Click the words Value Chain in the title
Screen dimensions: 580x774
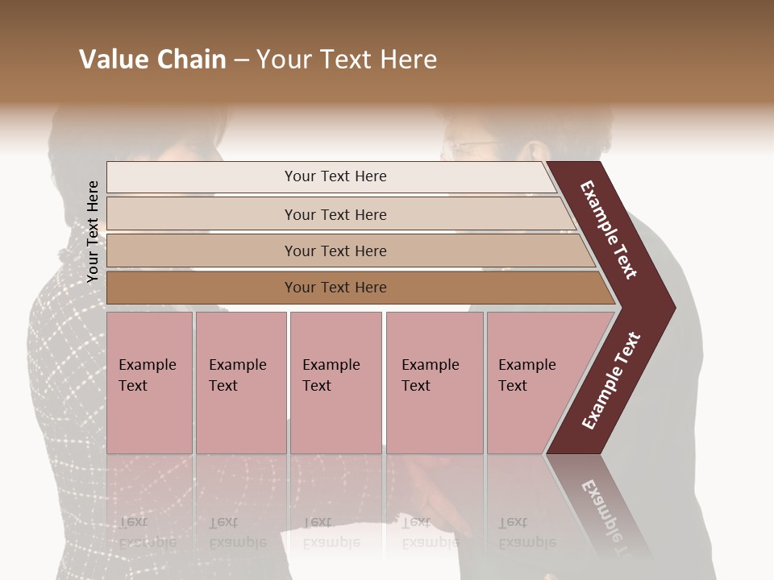tap(152, 60)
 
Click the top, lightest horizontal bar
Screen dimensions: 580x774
tap(202, 177)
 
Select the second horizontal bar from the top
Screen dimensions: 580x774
tap(202, 214)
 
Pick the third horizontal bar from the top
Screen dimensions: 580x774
tap(202, 251)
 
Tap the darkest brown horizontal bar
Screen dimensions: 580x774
tap(202, 288)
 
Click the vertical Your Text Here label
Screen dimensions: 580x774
tap(93, 231)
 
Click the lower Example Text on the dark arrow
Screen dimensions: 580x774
tap(611, 381)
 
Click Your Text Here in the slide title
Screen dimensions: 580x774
tap(347, 60)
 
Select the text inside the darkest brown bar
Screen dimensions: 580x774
tap(335, 288)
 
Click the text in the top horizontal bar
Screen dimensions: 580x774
tap(335, 176)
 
